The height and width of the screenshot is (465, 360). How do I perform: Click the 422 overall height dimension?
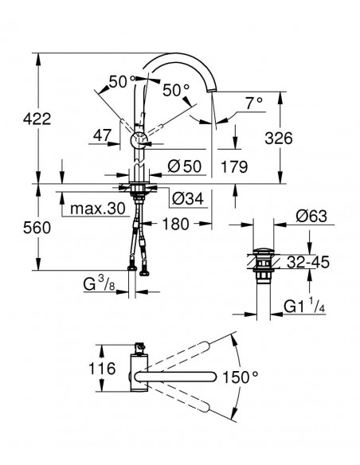point(37,119)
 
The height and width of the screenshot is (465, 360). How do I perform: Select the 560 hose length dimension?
point(37,228)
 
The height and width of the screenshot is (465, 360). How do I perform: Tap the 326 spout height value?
point(279,139)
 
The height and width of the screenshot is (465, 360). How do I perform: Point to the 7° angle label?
point(254,103)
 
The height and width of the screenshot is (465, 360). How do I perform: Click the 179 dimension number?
point(234,166)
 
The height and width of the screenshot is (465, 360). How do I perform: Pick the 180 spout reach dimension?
point(175,224)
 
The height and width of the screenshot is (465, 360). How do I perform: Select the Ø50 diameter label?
point(185,166)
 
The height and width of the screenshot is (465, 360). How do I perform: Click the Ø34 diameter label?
point(188,198)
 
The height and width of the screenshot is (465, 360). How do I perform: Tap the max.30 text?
point(98,209)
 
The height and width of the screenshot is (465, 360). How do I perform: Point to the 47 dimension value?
point(102,135)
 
